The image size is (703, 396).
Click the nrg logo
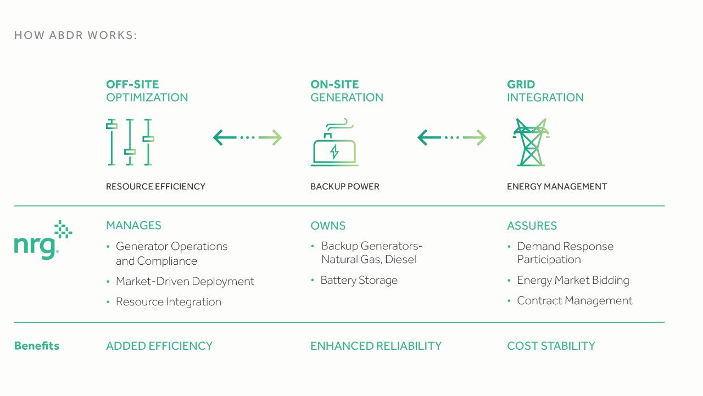(43, 241)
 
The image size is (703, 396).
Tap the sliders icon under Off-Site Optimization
(130, 142)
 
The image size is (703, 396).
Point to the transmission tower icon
(531, 142)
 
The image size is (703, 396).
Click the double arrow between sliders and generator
(247, 137)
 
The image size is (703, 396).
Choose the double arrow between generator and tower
(451, 137)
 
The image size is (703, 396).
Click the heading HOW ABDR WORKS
(76, 35)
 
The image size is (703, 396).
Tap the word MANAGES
(133, 225)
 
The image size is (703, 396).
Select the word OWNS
(328, 226)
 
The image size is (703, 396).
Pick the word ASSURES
(532, 226)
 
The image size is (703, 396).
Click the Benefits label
(37, 346)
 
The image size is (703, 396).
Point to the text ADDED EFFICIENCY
(159, 346)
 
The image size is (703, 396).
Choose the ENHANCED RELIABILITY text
(376, 346)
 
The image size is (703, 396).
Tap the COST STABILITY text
(551, 346)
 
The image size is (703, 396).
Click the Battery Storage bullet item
(359, 280)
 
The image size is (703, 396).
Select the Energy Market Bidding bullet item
(573, 280)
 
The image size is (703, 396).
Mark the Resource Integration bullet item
(169, 302)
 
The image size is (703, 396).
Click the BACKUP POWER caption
(345, 186)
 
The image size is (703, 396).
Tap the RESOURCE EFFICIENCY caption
(155, 186)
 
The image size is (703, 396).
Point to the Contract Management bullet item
(574, 300)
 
